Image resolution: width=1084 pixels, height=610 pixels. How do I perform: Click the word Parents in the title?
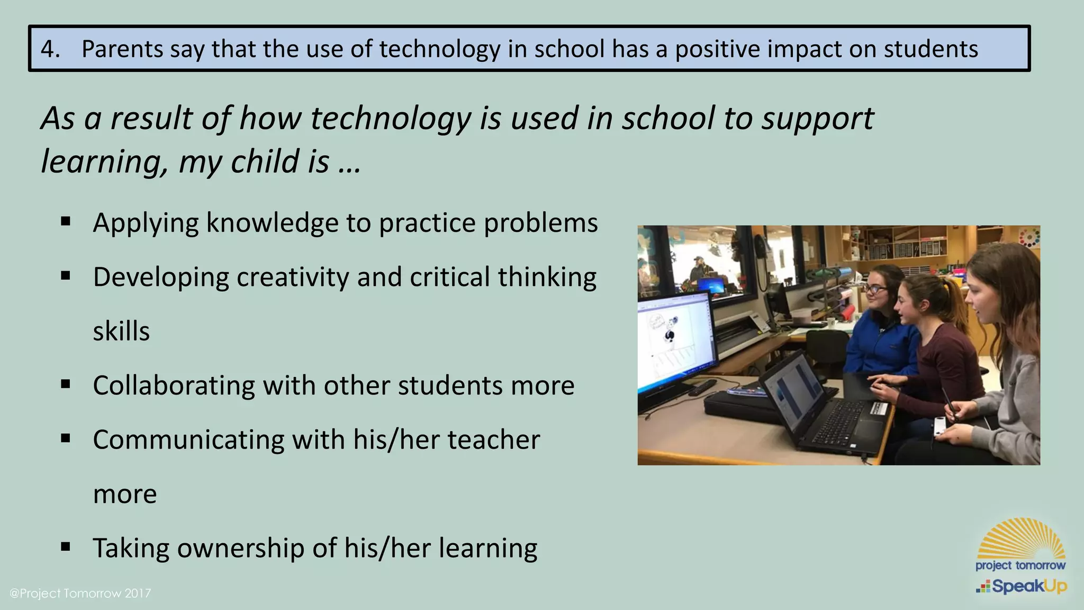pyautogui.click(x=122, y=49)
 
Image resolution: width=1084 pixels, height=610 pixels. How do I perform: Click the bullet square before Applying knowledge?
pyautogui.click(x=66, y=221)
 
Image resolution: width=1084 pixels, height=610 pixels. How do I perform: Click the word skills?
pyautogui.click(x=121, y=331)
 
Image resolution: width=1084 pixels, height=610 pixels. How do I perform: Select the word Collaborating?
pyautogui.click(x=174, y=385)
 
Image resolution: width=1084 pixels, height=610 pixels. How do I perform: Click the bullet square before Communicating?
pyautogui.click(x=66, y=438)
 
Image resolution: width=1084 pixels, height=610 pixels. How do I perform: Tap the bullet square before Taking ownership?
pyautogui.click(x=66, y=546)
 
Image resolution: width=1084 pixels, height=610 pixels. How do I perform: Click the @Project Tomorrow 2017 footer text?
pyautogui.click(x=80, y=594)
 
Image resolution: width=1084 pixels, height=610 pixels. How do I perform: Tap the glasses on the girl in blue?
pyautogui.click(x=876, y=290)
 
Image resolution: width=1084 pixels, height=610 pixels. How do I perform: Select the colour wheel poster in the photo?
pyautogui.click(x=1028, y=237)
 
